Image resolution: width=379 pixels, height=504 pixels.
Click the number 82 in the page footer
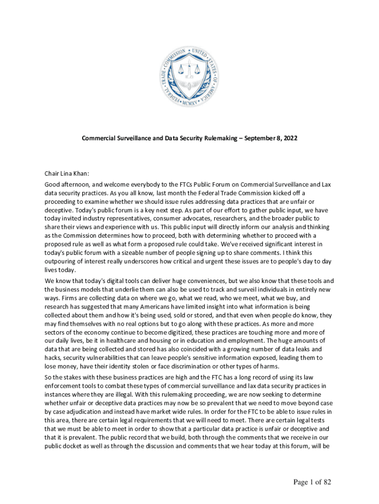coord(326,482)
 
